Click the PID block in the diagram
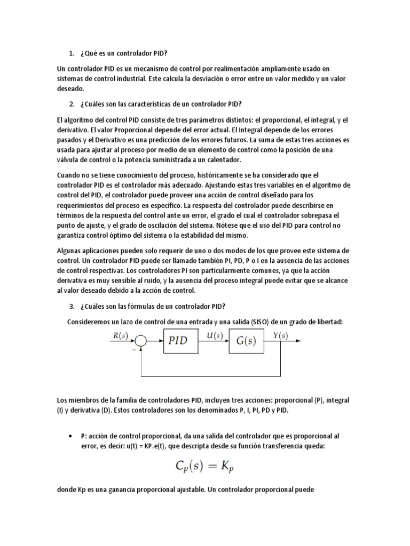178,340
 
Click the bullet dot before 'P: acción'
71,436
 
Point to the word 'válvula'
72,159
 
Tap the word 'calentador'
222,159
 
